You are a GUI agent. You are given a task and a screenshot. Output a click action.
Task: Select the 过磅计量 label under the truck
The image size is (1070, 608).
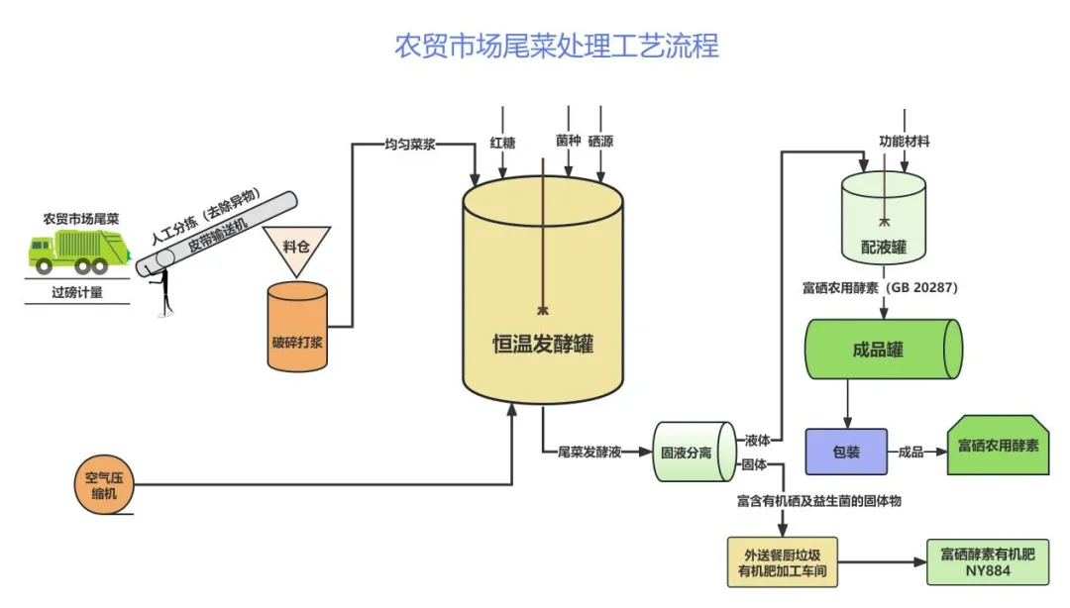[x=77, y=292]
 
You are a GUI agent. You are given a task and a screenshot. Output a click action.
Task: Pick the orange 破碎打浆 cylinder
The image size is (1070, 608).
[x=297, y=330]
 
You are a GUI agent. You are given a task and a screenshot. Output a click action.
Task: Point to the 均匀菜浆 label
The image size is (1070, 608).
[x=410, y=144]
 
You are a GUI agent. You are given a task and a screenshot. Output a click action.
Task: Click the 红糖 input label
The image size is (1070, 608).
[x=502, y=142]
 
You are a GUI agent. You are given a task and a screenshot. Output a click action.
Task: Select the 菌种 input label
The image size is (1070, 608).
[x=568, y=142]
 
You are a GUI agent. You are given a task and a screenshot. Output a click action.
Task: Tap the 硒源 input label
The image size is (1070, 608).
[x=600, y=142]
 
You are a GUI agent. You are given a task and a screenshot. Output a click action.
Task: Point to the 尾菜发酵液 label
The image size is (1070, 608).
[x=589, y=452]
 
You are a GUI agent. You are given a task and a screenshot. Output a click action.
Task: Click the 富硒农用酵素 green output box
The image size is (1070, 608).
[x=998, y=445]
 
